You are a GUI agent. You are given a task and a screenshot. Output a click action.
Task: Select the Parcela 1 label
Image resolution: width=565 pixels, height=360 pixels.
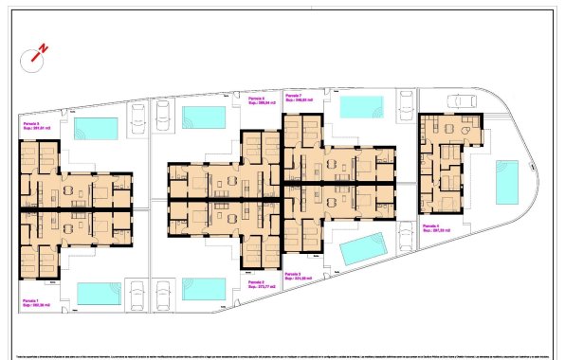tap(33, 299)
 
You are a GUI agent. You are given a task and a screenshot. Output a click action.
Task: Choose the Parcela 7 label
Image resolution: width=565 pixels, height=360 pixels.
tap(295, 96)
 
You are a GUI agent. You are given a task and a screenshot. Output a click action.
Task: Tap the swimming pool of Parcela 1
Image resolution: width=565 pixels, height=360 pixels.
tap(98, 293)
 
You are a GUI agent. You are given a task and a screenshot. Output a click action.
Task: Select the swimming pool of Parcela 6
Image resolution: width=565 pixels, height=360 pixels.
tap(201, 117)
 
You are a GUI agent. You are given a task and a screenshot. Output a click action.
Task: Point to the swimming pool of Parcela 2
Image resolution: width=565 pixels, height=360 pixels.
tap(201, 288)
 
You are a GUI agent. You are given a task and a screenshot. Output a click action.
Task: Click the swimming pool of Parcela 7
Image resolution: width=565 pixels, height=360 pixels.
tap(357, 104)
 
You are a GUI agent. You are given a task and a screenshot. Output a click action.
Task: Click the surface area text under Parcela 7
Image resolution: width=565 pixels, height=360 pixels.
tap(298, 100)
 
